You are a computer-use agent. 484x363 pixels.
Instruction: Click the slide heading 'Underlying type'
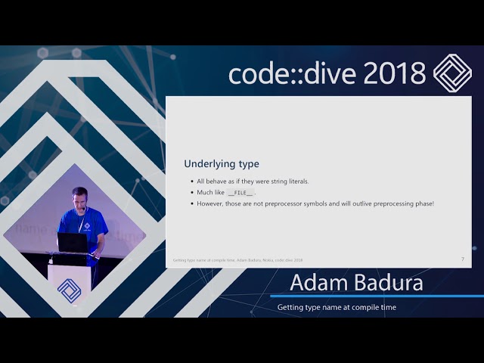[222, 164]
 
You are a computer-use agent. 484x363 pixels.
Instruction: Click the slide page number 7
[462, 259]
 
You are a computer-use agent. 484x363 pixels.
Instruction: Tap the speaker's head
[79, 197]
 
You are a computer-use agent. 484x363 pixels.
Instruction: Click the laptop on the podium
[73, 243]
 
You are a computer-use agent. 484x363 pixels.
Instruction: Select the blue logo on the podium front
[69, 290]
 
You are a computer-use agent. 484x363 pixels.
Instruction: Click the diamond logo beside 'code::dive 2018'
[452, 73]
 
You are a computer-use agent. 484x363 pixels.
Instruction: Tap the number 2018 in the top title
[394, 73]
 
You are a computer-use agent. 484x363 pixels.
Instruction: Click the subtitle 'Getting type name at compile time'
[337, 307]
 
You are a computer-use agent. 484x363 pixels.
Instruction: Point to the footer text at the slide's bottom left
[237, 260]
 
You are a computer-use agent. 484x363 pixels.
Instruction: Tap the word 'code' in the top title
[256, 74]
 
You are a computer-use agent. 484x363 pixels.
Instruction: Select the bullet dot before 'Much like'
[191, 193]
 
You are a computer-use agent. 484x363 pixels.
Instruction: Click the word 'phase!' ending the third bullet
[422, 203]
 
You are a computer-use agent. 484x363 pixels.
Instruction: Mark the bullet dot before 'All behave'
[191, 181]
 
